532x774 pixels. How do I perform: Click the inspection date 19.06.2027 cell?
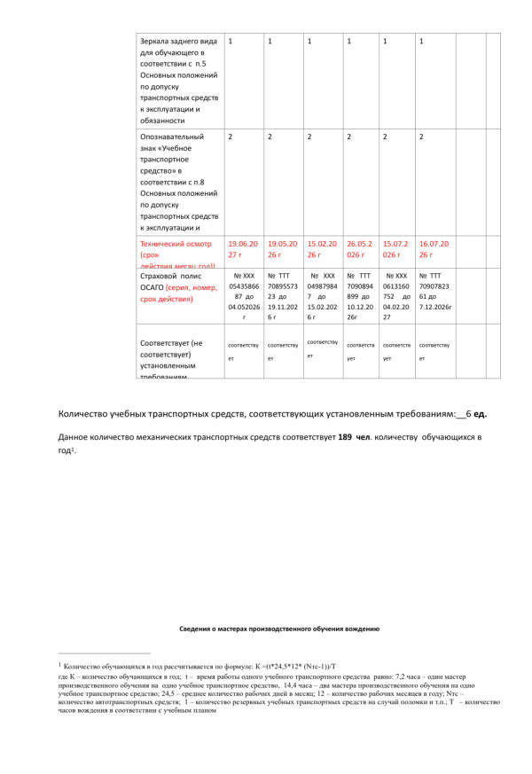242,249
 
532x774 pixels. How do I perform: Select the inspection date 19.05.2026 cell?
281,249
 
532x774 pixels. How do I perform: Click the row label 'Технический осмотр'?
172,248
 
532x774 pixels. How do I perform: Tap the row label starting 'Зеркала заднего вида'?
178,80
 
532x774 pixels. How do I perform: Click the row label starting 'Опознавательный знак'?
178,182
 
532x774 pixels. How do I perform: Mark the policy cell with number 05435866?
242,295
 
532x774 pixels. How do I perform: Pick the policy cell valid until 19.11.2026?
281,295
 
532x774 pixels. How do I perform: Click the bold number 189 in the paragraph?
346,437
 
